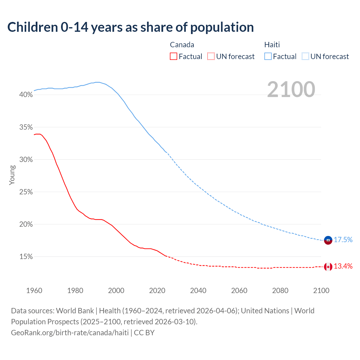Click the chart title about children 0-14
pyautogui.click(x=130, y=27)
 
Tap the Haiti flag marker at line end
pyautogui.click(x=328, y=240)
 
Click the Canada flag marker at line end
pyautogui.click(x=328, y=267)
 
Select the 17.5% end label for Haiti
pyautogui.click(x=343, y=240)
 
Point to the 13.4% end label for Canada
pyautogui.click(x=343, y=266)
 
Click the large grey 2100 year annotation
pyautogui.click(x=291, y=89)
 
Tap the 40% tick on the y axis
pyautogui.click(x=26, y=95)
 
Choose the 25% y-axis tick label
pyautogui.click(x=26, y=192)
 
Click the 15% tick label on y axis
pyautogui.click(x=26, y=257)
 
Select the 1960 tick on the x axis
pyautogui.click(x=34, y=291)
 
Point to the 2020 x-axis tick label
pyautogui.click(x=157, y=291)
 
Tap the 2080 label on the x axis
pyautogui.click(x=280, y=291)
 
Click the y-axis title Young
pyautogui.click(x=12, y=175)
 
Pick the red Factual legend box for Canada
pyautogui.click(x=174, y=57)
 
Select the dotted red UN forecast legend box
pyautogui.click(x=211, y=57)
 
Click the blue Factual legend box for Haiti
pyautogui.click(x=268, y=57)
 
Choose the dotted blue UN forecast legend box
pyautogui.click(x=305, y=57)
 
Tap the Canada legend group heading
pyautogui.click(x=182, y=45)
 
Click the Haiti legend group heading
pyautogui.click(x=272, y=45)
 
